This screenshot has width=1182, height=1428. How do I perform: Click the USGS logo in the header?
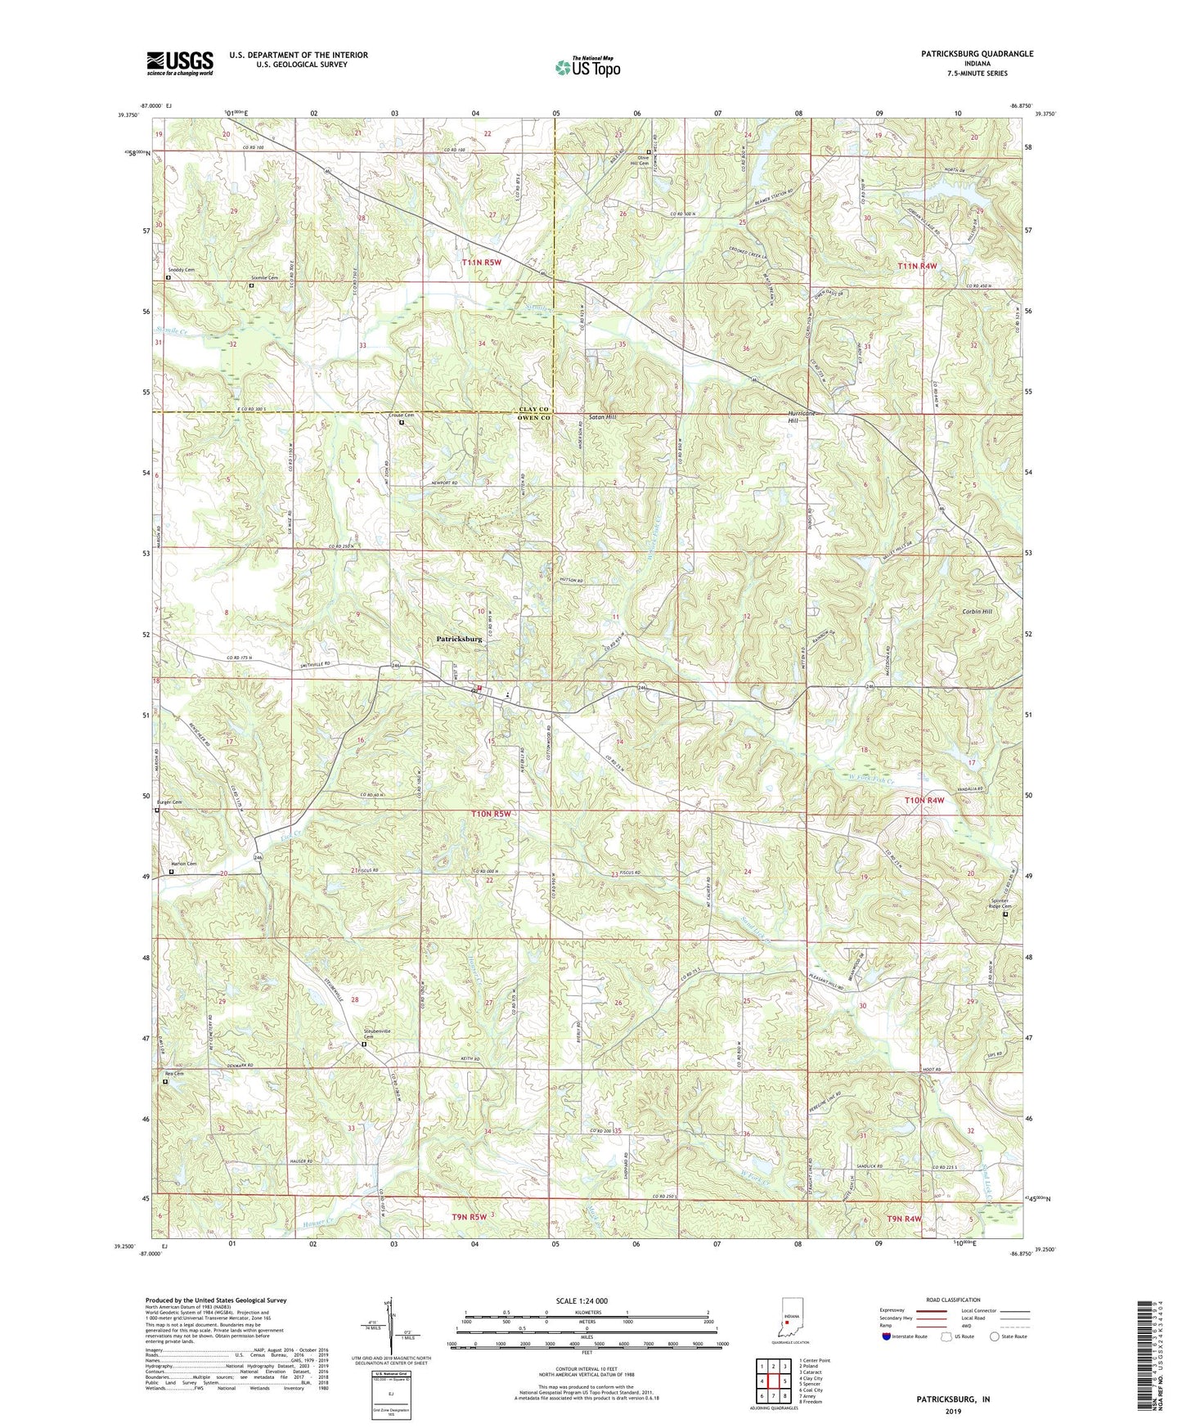(180, 62)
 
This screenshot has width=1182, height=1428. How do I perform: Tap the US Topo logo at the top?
(587, 67)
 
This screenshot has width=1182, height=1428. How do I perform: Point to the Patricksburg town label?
(459, 640)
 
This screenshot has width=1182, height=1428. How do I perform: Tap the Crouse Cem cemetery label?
(401, 415)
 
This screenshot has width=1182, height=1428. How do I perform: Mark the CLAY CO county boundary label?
(534, 409)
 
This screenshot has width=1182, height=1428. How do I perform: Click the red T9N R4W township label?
(904, 1219)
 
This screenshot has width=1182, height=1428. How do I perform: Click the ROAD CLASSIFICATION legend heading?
(954, 1300)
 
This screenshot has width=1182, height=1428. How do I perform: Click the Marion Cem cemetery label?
(183, 864)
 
